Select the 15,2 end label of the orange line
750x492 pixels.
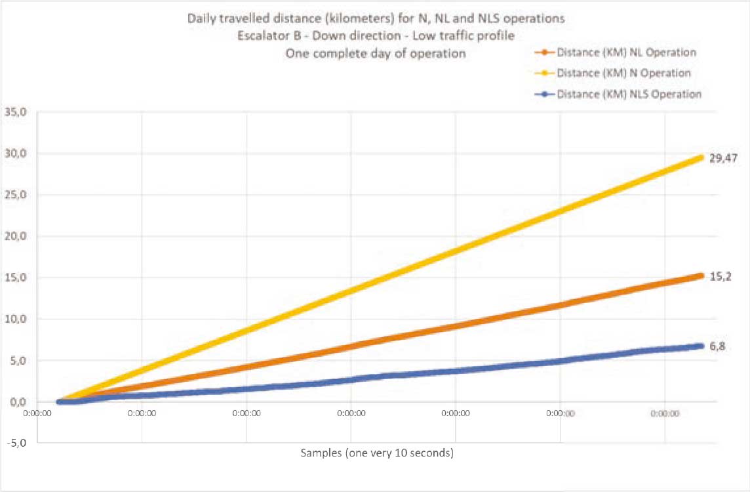click(x=720, y=277)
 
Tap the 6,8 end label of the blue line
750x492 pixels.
click(x=717, y=346)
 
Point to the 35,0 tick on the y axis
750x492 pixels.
click(x=16, y=112)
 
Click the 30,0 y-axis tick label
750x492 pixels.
click(x=16, y=154)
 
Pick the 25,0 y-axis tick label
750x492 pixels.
click(x=16, y=195)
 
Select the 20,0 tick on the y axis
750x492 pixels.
click(x=16, y=236)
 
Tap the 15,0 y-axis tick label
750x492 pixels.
click(x=16, y=277)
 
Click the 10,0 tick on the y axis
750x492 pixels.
click(x=16, y=319)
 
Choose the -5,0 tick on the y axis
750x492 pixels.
click(x=16, y=443)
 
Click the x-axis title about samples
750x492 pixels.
click(x=377, y=453)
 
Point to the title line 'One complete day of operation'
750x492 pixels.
click(x=375, y=54)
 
